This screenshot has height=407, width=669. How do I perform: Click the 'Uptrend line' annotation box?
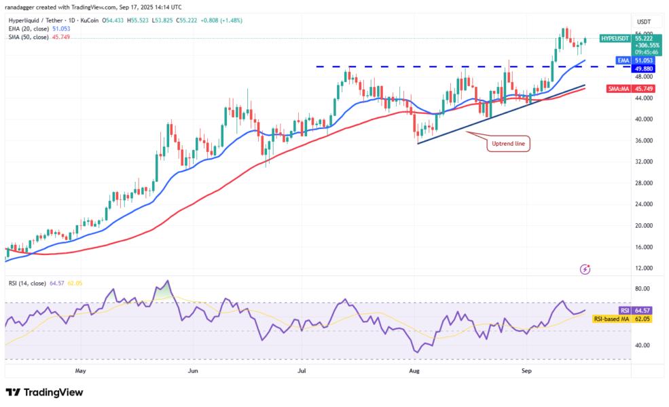(x=507, y=144)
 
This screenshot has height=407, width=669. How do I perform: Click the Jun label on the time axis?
(x=193, y=371)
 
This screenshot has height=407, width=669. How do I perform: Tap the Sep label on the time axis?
(x=527, y=371)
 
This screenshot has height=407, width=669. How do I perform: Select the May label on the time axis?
(x=81, y=371)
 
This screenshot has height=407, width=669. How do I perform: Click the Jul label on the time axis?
(x=301, y=371)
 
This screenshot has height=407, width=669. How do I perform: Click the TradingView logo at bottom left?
(x=44, y=392)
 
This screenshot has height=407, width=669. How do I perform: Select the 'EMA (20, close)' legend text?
(x=27, y=29)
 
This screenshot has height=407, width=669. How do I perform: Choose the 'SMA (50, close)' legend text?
(x=27, y=37)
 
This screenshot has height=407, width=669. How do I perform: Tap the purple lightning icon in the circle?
(x=585, y=269)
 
